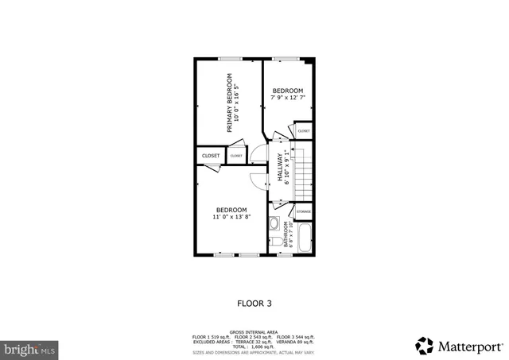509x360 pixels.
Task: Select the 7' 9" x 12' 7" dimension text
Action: click(x=288, y=98)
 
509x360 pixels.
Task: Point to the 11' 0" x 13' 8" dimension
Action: click(x=231, y=216)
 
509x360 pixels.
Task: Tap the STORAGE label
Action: click(x=304, y=212)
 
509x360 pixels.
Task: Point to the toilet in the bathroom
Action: click(x=274, y=241)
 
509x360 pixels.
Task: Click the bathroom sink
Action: click(x=274, y=224)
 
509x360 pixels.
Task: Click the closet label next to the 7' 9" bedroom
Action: click(x=304, y=130)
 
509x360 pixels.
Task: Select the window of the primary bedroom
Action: click(x=231, y=58)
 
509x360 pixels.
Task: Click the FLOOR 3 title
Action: click(x=254, y=303)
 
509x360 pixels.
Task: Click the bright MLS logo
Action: click(x=30, y=348)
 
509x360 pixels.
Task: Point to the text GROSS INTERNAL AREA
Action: click(x=254, y=332)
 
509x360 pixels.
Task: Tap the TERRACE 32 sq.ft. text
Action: click(x=253, y=342)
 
